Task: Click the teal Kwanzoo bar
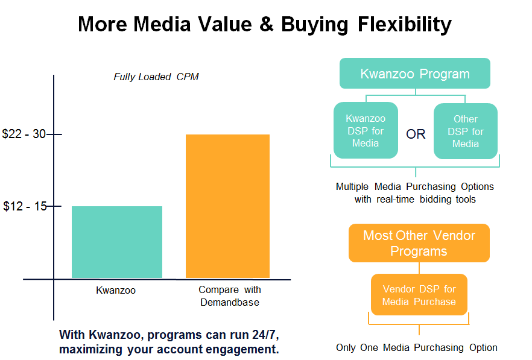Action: (117, 242)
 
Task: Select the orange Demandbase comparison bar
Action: (227, 206)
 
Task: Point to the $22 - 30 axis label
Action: (24, 134)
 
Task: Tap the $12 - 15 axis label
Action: (25, 206)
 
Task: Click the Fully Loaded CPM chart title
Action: (156, 77)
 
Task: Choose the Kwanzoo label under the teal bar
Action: (116, 291)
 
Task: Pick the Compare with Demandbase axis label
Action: (230, 296)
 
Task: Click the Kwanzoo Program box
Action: (414, 74)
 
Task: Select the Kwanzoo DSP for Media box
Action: (366, 131)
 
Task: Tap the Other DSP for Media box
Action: (466, 131)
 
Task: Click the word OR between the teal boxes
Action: (416, 134)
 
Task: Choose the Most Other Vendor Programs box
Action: (419, 243)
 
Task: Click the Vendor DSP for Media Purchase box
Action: (419, 295)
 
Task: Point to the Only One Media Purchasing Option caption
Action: (417, 348)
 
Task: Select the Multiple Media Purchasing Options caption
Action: (415, 193)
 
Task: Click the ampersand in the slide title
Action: (267, 25)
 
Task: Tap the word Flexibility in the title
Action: (404, 25)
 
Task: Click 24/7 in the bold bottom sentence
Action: (265, 335)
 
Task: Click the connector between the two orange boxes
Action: (419, 268)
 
